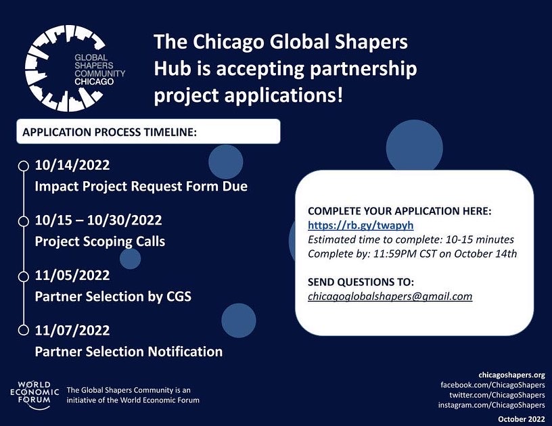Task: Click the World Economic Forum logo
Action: pos(33,394)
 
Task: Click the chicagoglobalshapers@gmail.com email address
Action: pos(390,296)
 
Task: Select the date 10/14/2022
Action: pos(72,165)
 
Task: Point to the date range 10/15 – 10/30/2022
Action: pos(98,221)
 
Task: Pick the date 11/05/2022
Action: pos(72,276)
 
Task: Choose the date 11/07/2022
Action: pos(72,331)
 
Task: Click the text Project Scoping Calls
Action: pos(99,241)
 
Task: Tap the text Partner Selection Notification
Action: pos(129,352)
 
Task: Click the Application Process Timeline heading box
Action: pos(148,132)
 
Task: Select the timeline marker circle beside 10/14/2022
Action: pos(23,165)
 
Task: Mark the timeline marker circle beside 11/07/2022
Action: pos(23,331)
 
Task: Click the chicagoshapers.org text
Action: pos(511,374)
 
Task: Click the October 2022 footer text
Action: pos(521,419)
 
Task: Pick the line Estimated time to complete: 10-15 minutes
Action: pos(411,239)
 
